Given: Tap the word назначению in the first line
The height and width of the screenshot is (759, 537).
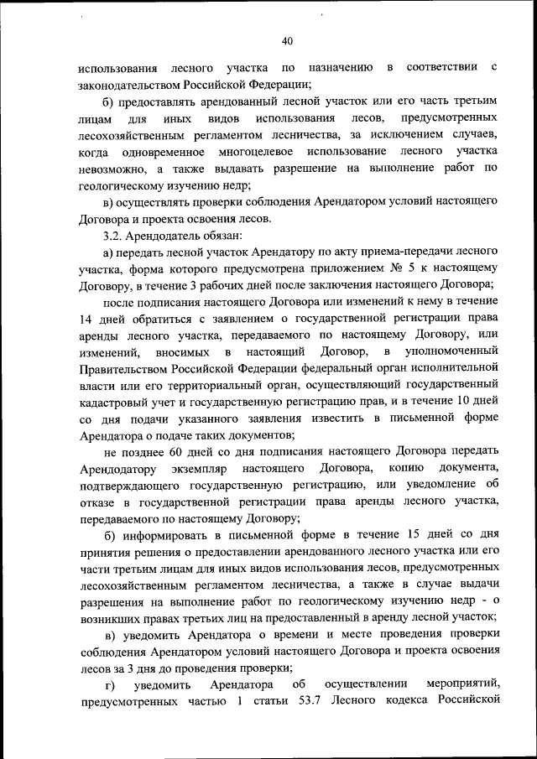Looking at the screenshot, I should tap(346, 66).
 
